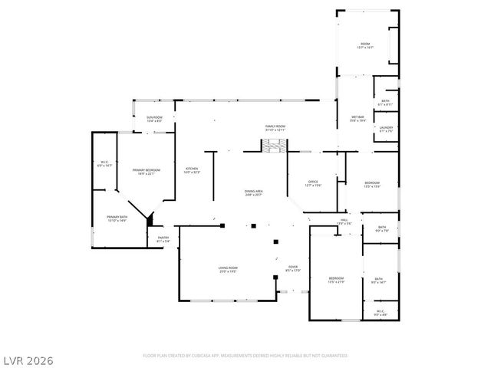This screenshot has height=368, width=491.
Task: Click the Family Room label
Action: (x=275, y=128)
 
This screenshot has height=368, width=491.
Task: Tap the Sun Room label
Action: (x=154, y=119)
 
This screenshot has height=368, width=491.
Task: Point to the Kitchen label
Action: (x=191, y=170)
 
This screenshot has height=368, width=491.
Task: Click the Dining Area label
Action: (x=254, y=192)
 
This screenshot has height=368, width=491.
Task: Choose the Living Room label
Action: (x=227, y=269)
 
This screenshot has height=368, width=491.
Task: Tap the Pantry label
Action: (x=163, y=239)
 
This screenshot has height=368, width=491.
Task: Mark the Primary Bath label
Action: (x=117, y=219)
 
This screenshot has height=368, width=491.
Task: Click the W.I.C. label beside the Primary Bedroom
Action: (x=105, y=163)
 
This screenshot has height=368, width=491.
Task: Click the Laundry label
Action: (x=386, y=130)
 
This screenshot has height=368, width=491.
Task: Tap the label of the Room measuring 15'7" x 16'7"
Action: (x=365, y=46)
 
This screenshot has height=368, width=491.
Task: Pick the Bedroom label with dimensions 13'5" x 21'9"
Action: (x=336, y=279)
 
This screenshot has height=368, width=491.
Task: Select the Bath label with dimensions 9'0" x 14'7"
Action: (x=379, y=281)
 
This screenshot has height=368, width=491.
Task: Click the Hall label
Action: (x=344, y=222)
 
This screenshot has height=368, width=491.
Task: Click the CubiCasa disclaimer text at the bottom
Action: (x=245, y=356)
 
